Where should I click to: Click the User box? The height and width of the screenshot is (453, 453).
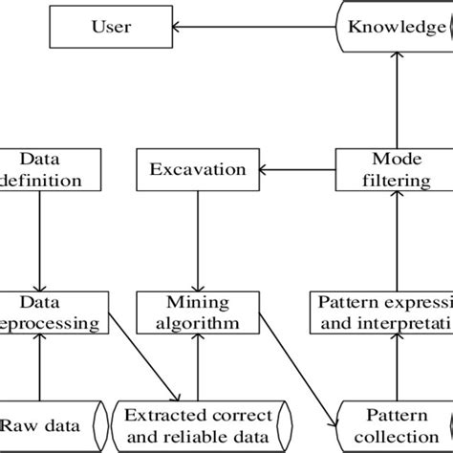pos(111,28)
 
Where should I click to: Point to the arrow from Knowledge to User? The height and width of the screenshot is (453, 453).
pos(248,28)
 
